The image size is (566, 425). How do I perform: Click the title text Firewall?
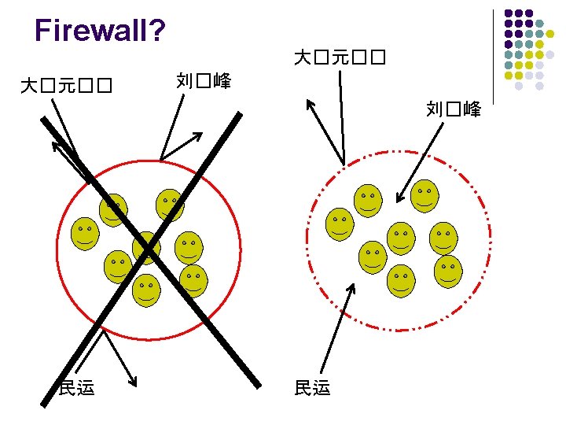[x=100, y=31]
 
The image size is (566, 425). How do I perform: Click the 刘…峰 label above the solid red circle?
[x=204, y=79]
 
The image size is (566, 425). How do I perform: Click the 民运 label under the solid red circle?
[x=77, y=386]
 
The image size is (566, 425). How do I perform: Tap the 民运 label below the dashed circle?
[x=312, y=386]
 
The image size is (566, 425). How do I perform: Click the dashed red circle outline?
[x=305, y=236]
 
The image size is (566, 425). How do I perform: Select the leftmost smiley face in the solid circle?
[x=85, y=234]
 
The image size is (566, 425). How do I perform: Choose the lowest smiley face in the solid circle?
[x=146, y=290]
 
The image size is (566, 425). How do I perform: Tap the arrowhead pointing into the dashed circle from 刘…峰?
[x=399, y=200]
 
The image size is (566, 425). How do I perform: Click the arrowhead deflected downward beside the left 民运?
[x=134, y=382]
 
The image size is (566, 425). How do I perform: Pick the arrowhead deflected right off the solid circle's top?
[x=198, y=136]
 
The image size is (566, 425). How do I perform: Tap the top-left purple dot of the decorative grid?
[x=509, y=13]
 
